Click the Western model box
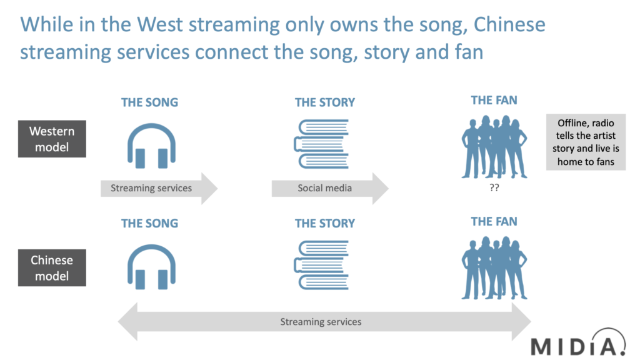52,139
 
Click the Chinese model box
52,267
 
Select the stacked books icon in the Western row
321,144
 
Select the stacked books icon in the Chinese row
321,265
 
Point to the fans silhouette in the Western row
494,147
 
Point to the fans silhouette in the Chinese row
494,268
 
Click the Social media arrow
330,188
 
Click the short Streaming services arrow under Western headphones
159,188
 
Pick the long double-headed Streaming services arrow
324,322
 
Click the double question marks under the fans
494,187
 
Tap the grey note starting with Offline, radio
586,142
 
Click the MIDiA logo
578,343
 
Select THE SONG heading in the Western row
150,102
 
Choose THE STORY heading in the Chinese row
325,223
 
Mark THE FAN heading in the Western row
494,100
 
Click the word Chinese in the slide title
509,24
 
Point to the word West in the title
159,24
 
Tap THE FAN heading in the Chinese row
494,221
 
